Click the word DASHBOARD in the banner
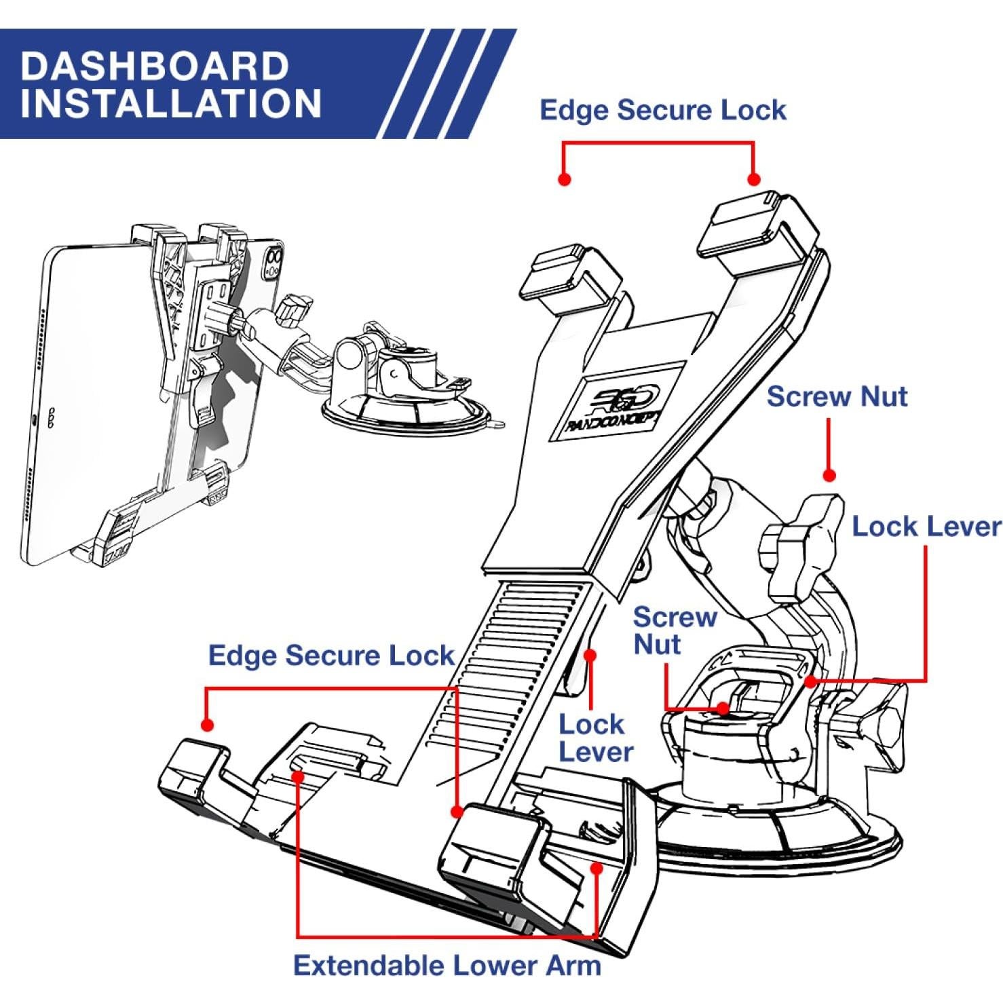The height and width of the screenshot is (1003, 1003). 155,66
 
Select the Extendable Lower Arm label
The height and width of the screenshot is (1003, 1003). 447,965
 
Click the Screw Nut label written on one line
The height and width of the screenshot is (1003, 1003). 837,396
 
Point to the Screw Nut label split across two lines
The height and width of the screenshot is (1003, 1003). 674,630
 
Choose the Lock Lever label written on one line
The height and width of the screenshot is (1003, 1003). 926,527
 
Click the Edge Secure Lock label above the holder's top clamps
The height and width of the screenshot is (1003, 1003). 662,110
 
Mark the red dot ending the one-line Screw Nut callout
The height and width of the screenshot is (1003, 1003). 829,476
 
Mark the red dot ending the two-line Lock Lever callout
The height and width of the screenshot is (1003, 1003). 590,656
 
